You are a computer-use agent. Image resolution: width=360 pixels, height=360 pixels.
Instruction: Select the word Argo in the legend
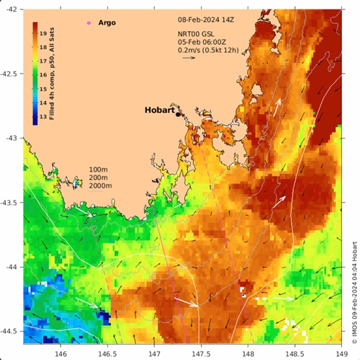(106, 23)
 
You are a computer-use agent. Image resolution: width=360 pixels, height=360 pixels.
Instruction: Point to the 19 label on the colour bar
(42, 33)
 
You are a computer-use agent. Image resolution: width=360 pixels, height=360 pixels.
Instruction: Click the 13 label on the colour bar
(42, 117)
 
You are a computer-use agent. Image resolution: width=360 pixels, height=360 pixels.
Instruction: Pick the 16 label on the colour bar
(42, 75)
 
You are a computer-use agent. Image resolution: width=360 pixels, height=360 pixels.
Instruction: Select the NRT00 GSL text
(197, 34)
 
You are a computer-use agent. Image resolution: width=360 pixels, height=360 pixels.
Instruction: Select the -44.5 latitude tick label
(10, 331)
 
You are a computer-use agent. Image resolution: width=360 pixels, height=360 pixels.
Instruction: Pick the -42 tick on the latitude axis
(12, 9)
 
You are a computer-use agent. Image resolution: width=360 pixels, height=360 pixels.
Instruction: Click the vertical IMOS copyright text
(354, 281)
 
